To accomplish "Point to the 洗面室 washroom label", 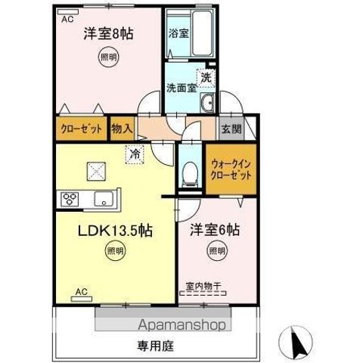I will tap(181, 87).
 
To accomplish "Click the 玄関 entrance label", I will tap(231, 129).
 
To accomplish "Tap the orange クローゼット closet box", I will tap(80, 129).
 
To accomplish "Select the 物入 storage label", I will tap(122, 129).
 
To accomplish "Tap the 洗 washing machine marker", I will tap(206, 76).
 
